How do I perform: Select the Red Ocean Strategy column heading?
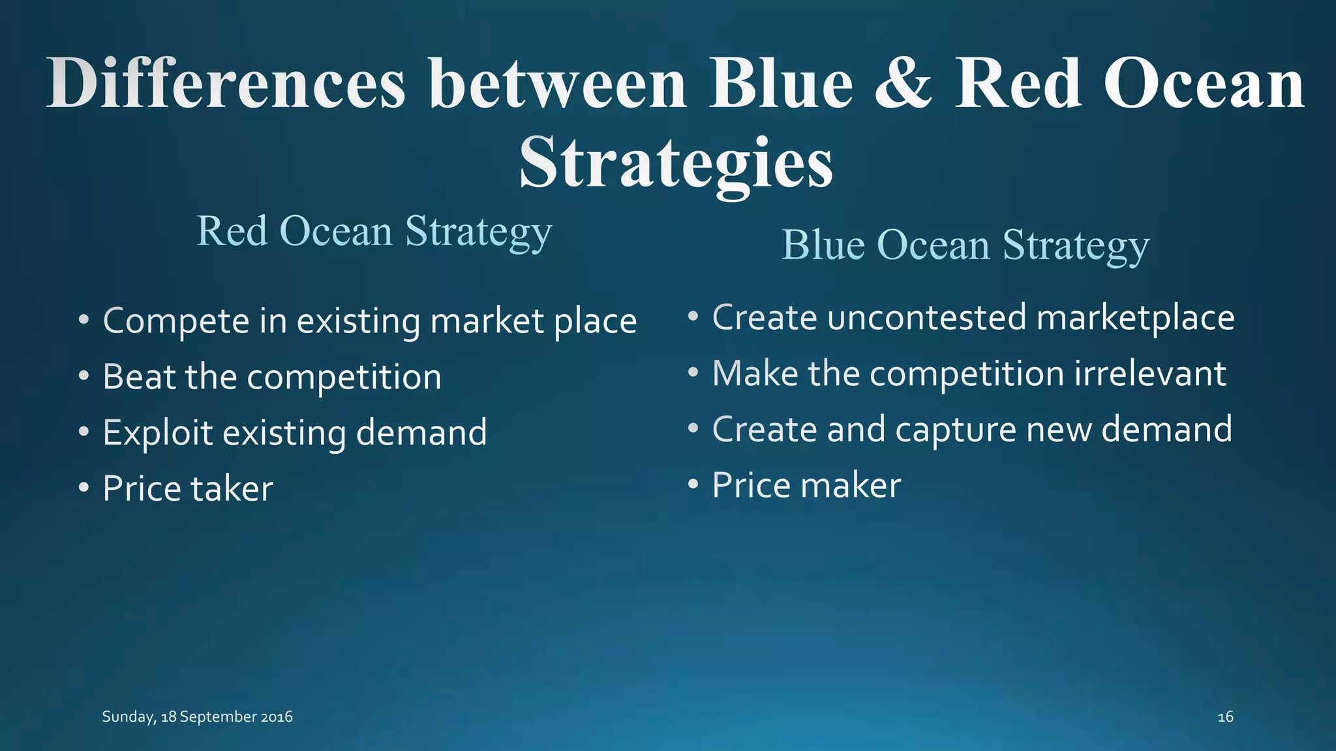[374, 232]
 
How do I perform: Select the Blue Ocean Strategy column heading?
[965, 246]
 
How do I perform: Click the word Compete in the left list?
[176, 322]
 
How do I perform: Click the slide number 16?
[1225, 717]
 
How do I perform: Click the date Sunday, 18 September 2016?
[197, 717]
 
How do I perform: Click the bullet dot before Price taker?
[83, 488]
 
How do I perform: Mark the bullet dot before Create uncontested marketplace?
[693, 317]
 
